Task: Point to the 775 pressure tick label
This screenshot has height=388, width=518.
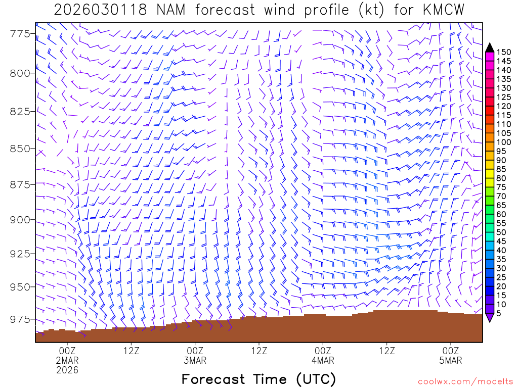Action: pos(21,34)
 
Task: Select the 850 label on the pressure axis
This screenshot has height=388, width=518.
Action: pos(21,149)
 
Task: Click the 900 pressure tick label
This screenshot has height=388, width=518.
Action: pos(21,219)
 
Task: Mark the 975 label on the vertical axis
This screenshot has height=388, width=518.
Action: pos(21,319)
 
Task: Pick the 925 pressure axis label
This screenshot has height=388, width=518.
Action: pos(21,253)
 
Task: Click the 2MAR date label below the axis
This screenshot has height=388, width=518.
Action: pos(67,360)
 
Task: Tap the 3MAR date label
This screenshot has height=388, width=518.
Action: pos(195,360)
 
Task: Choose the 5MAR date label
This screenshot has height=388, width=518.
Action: pos(451,360)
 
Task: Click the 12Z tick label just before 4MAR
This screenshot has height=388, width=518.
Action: pos(259,350)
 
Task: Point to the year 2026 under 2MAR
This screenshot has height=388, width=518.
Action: pos(67,370)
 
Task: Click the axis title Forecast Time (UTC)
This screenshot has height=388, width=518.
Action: pos(258,379)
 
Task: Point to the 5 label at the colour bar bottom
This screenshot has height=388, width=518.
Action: pos(499,313)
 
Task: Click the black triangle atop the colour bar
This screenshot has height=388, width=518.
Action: pos(489,47)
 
